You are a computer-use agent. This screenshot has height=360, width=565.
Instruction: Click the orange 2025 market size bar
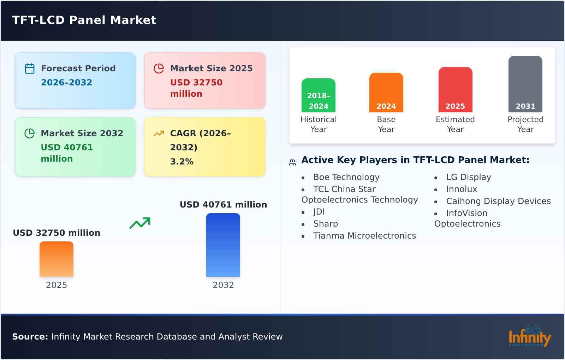56,259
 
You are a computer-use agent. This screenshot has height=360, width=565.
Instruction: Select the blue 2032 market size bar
223,245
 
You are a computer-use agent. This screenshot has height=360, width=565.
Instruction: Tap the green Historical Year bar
319,95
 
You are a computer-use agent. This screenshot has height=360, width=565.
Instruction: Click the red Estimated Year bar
455,90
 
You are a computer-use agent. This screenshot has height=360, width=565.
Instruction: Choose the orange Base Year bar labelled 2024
386,92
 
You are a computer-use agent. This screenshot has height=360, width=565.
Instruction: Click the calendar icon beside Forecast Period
30,68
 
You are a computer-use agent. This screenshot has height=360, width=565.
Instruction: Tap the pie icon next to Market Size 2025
159,68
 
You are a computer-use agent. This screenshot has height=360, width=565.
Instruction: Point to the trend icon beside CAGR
159,133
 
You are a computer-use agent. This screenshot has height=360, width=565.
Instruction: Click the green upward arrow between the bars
140,223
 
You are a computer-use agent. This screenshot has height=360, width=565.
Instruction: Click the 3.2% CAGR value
182,162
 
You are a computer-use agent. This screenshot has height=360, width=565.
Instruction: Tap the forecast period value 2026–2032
66,83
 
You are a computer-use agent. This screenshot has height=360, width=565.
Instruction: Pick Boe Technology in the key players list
346,177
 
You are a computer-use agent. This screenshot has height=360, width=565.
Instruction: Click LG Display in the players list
469,177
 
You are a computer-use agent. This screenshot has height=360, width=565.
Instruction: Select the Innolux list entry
462,189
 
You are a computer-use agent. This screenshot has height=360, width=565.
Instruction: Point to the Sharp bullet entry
326,224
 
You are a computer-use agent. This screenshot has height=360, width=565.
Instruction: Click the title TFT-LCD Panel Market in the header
84,20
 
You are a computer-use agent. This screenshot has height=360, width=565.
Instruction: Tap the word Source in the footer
30,337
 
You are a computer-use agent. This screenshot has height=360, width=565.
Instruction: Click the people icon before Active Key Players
292,162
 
